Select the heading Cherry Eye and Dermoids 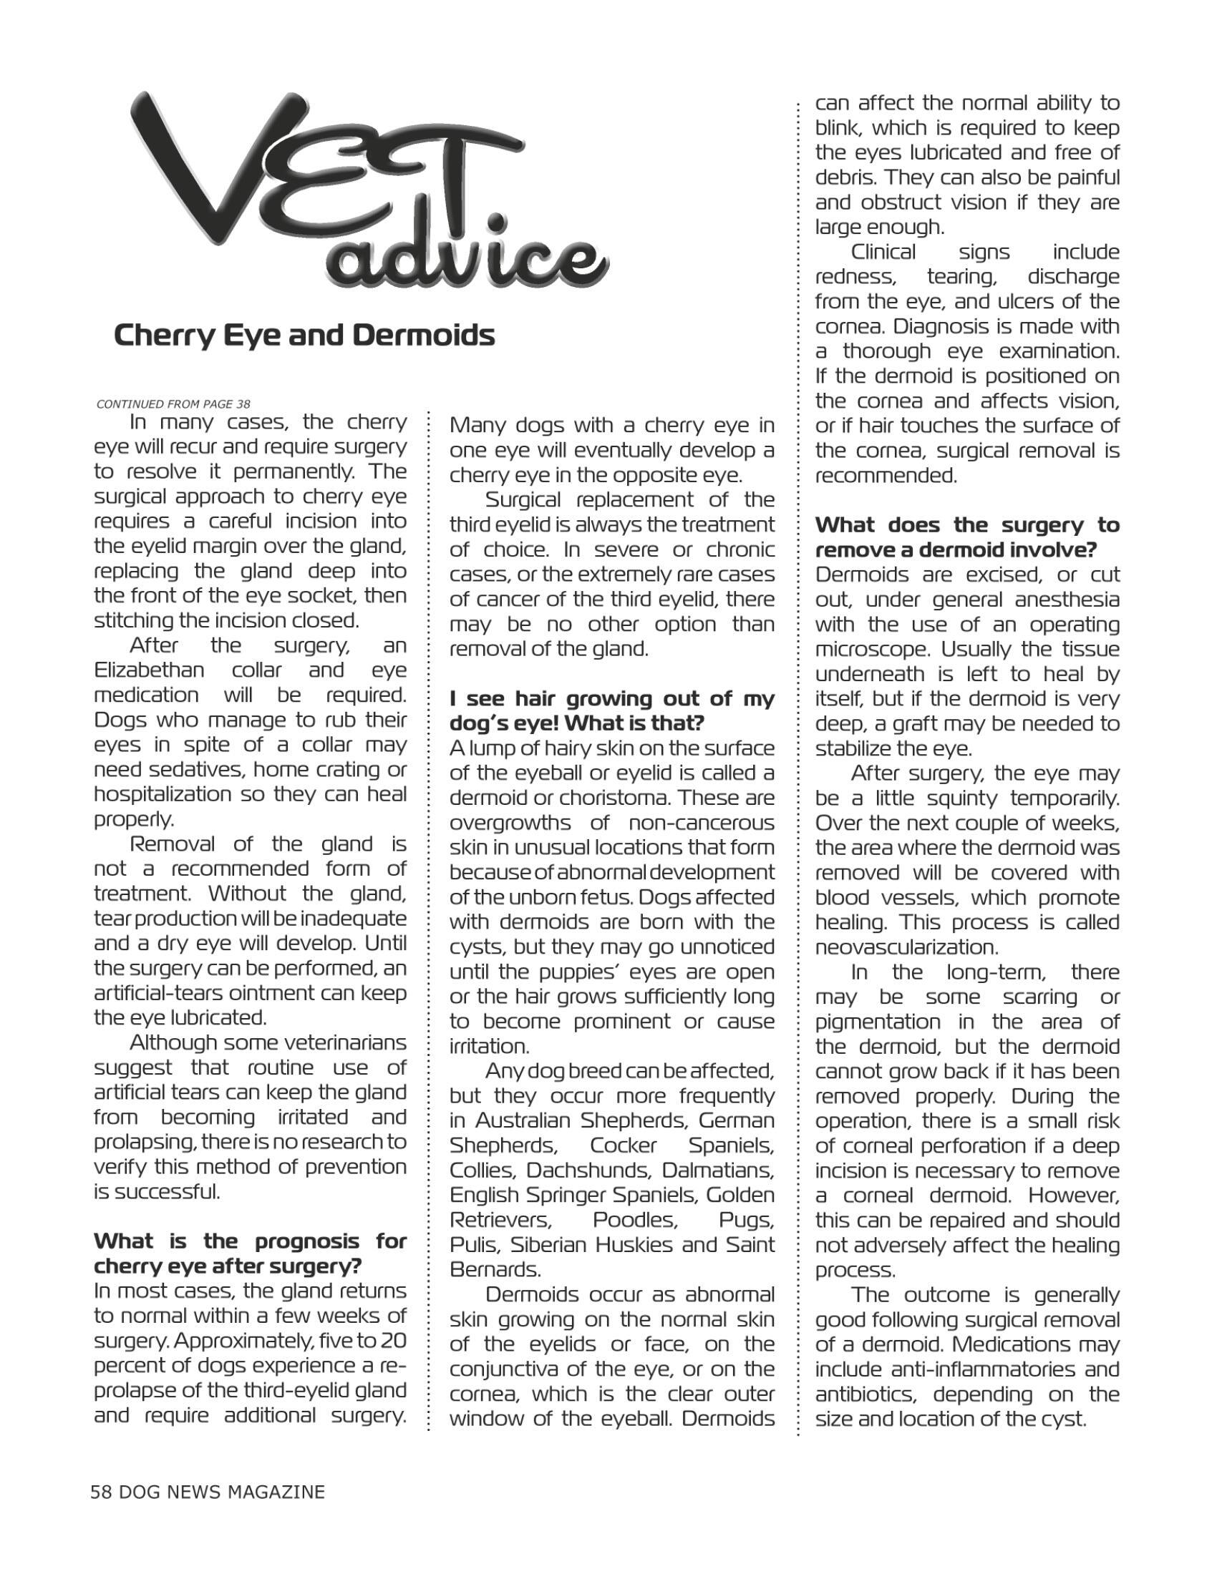304,336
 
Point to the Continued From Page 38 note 173,404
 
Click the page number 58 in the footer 101,1491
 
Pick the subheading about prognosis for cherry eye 250,1253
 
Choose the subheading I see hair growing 611,710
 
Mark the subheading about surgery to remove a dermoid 967,537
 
